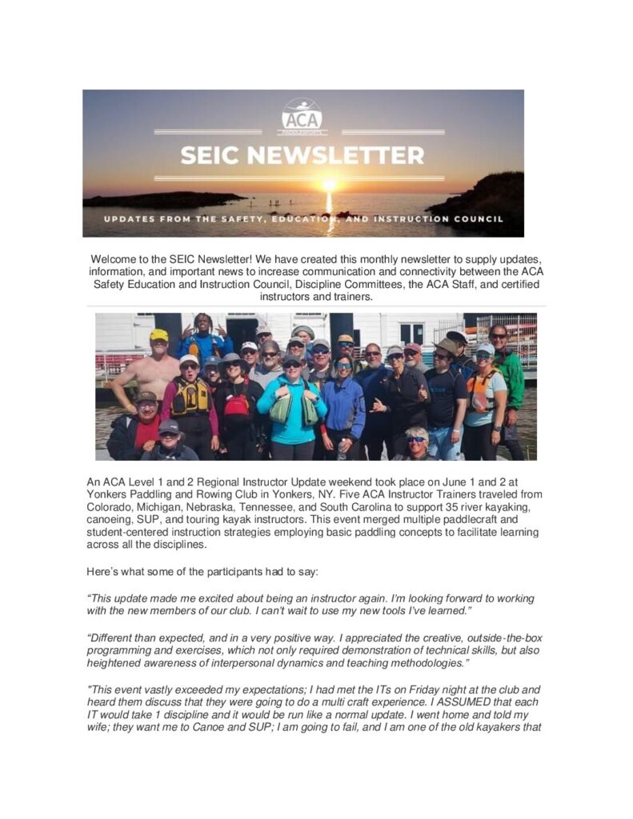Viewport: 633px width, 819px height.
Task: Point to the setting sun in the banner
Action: coord(328,186)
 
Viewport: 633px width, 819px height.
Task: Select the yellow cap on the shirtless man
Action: coord(159,335)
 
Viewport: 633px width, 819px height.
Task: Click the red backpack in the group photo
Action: coord(236,405)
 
